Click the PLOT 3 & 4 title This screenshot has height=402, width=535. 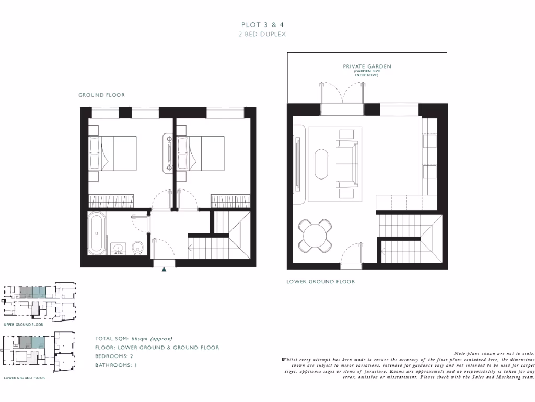263,25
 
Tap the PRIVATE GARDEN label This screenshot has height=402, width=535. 367,66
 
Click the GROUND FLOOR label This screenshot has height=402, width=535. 101,95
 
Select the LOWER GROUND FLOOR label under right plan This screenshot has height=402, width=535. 320,282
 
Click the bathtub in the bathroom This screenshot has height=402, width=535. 97,233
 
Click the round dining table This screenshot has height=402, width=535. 316,235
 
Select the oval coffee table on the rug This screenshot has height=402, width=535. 321,164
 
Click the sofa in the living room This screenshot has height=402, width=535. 347,164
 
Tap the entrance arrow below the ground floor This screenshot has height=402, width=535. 164,269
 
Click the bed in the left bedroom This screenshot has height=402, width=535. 112,153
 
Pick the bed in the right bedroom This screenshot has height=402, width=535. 201,153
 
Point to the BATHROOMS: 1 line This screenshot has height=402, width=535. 115,365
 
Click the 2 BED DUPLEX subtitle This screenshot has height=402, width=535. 263,34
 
